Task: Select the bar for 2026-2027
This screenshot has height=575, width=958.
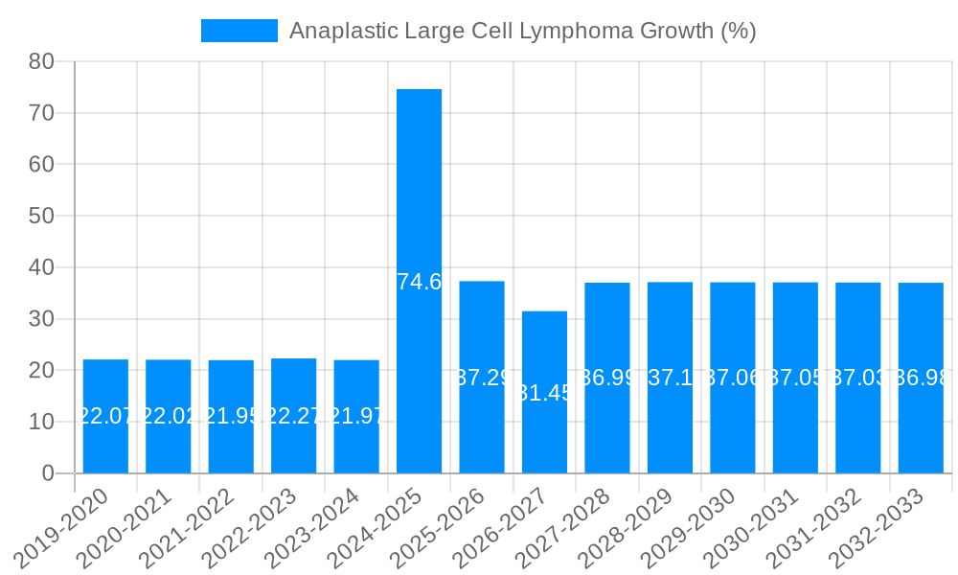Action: click(x=544, y=392)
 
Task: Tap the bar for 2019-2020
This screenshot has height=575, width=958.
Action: click(x=105, y=416)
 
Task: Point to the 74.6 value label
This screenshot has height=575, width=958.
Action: click(x=419, y=282)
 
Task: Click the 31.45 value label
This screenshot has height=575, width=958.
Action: click(x=544, y=393)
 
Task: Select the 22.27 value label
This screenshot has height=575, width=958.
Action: click(x=293, y=416)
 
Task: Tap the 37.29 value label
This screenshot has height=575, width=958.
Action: click(x=482, y=378)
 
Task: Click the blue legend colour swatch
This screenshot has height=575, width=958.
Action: click(x=239, y=31)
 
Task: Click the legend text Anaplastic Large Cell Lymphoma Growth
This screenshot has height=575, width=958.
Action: click(x=522, y=31)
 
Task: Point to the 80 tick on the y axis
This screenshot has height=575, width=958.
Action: click(x=41, y=61)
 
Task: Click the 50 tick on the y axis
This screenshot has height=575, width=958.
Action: click(x=41, y=216)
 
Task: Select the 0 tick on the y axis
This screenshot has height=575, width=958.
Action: click(x=48, y=473)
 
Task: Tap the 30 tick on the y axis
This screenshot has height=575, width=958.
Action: click(x=41, y=319)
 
